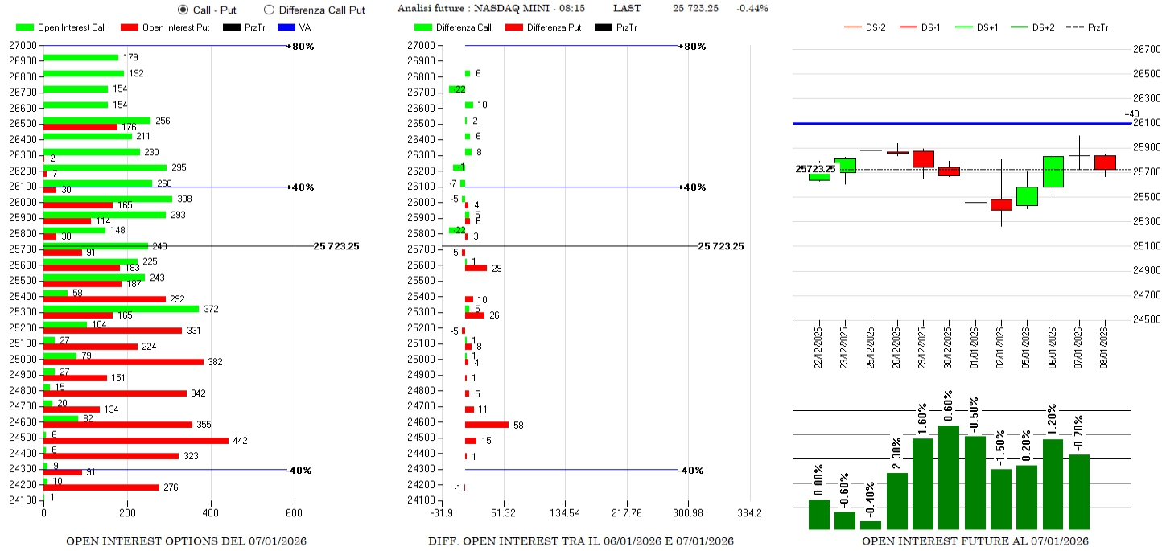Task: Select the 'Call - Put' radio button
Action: point(183,10)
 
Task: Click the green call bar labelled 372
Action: point(121,309)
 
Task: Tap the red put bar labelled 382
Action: point(123,362)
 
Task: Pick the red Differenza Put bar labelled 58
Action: point(487,425)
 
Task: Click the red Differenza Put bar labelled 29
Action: point(476,268)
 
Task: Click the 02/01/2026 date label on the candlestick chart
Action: point(1001,346)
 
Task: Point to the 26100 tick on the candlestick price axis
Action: point(1145,122)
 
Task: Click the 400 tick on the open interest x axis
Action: point(210,512)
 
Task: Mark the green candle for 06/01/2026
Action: point(1053,171)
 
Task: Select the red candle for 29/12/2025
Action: point(923,159)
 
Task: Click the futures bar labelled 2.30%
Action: point(897,500)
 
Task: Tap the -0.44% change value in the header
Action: point(752,8)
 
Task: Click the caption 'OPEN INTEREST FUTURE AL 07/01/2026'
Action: point(975,541)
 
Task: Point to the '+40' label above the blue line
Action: point(1131,113)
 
